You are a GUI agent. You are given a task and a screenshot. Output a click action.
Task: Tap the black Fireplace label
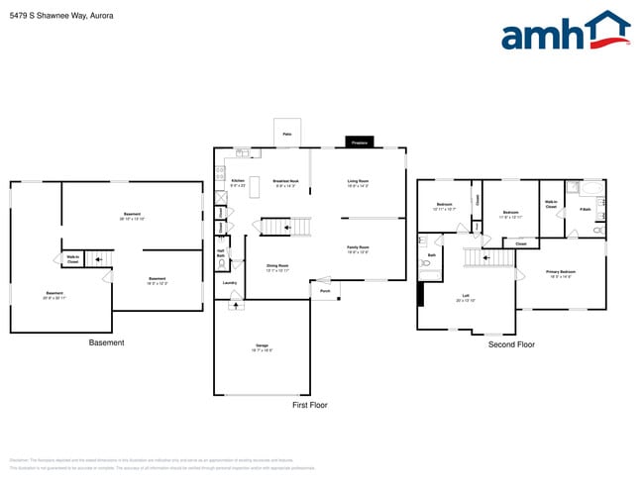click(360, 143)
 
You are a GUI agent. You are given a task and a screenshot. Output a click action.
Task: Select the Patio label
click(286, 133)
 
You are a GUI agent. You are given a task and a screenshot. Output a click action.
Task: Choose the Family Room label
click(358, 248)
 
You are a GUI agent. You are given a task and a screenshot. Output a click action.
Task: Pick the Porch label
click(325, 291)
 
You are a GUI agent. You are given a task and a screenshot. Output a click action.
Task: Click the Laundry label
click(229, 282)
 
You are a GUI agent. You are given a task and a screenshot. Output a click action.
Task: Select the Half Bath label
click(220, 252)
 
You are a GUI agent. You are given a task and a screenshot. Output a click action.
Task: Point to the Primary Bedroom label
click(560, 272)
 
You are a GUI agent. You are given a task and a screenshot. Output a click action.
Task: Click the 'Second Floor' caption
click(511, 344)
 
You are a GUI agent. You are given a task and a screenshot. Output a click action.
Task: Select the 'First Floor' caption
click(309, 405)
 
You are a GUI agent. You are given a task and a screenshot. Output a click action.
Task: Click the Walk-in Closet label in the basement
click(73, 259)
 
